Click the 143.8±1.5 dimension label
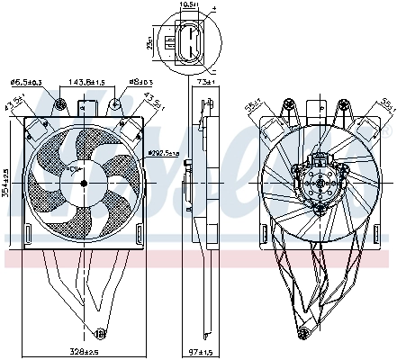pyautogui.click(x=88, y=82)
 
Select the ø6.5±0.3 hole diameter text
pyautogui.click(x=25, y=82)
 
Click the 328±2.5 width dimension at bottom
pyautogui.click(x=85, y=351)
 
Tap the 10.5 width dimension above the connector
pyautogui.click(x=188, y=5)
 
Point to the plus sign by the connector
pyautogui.click(x=213, y=10)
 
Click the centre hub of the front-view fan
pyautogui.click(x=82, y=184)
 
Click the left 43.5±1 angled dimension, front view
pyautogui.click(x=12, y=107)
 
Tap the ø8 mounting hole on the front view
pyautogui.click(x=117, y=105)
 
